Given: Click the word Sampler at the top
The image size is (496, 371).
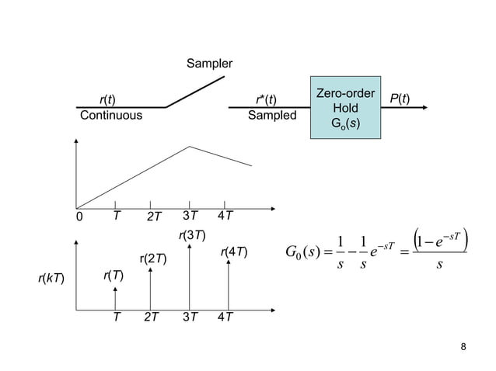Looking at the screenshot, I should tap(209, 63).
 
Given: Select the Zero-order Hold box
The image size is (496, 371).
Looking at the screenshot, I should tap(345, 108).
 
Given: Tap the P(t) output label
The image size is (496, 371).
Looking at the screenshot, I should tap(400, 99).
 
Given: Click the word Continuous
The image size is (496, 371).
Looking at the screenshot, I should tap(111, 116).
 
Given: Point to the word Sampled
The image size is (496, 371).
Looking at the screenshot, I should tap(272, 116).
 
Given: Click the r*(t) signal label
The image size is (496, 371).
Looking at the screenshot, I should tap(266, 99).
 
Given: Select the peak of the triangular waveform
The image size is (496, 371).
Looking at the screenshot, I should tap(190, 147).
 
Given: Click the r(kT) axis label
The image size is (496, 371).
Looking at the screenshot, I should tap(51, 276).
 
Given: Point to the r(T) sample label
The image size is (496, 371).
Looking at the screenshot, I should tap(114, 276).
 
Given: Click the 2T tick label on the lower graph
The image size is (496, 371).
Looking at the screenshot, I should tap(152, 317).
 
